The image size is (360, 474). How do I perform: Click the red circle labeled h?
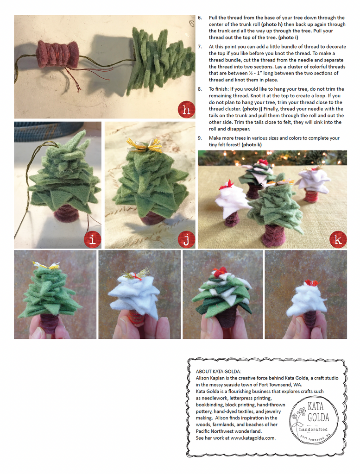(x=186, y=109)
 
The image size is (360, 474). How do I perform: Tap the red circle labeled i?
(x=92, y=240)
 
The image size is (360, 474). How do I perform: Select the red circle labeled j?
(x=186, y=240)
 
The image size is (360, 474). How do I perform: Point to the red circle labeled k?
(x=338, y=240)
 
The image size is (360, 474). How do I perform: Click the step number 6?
(x=200, y=18)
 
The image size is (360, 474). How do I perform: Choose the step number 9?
(x=200, y=138)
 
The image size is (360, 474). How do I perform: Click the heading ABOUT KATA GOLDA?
(x=218, y=372)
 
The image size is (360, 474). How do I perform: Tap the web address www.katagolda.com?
(x=253, y=438)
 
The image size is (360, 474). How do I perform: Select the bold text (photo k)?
(x=252, y=145)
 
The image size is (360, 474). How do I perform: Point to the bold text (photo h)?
(x=272, y=25)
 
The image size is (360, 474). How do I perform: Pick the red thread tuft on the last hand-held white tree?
(x=312, y=283)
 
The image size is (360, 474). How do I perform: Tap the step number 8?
(x=200, y=89)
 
